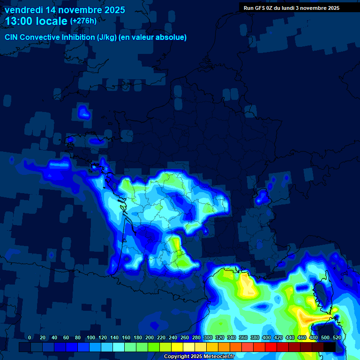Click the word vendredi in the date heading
tap(23, 10)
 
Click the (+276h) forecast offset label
tap(83, 21)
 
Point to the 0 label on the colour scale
tap(30, 338)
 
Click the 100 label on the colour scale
tap(91, 338)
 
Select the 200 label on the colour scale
tap(150, 338)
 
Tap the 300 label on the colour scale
tap(208, 338)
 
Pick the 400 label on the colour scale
tap(267, 338)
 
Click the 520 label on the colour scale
tap(337, 338)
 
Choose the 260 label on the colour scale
tap(185, 338)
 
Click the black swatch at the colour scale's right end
tap(330, 347)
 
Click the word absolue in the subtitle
tap(171, 37)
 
